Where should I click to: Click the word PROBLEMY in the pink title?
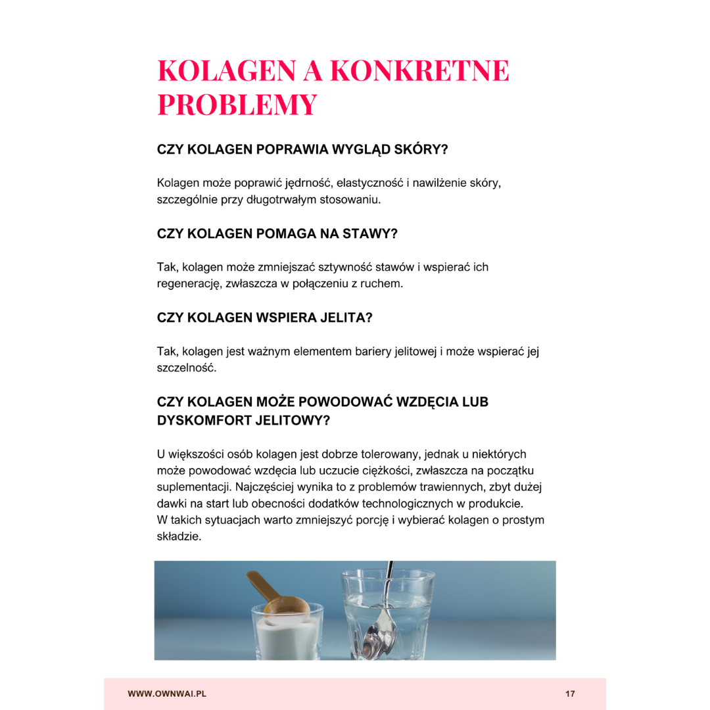[x=237, y=105]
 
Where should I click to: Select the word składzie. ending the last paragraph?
[x=179, y=537]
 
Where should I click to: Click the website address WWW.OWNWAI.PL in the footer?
[x=167, y=694]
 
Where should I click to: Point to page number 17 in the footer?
[x=570, y=694]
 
